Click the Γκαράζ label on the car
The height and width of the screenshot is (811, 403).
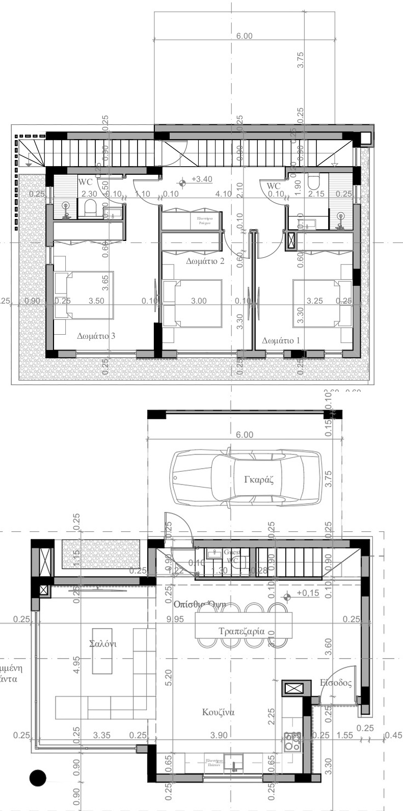pyautogui.click(x=259, y=480)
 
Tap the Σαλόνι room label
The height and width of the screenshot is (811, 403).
pyautogui.click(x=102, y=644)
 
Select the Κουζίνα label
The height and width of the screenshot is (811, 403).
pyautogui.click(x=218, y=712)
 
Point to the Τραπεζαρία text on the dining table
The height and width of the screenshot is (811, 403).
pyautogui.click(x=241, y=631)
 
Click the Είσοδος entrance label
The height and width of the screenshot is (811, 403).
pyautogui.click(x=335, y=683)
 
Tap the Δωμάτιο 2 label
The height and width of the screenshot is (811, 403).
pyautogui.click(x=205, y=261)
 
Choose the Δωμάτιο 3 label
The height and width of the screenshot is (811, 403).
pyautogui.click(x=96, y=336)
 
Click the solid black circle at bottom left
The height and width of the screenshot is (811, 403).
pyautogui.click(x=38, y=777)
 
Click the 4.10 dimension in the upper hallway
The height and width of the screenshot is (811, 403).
pyautogui.click(x=223, y=194)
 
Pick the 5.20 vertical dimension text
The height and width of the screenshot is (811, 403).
pyautogui.click(x=169, y=677)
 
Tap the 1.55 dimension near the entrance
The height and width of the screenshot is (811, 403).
pyautogui.click(x=345, y=735)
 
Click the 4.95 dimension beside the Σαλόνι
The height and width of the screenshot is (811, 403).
pyautogui.click(x=76, y=664)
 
